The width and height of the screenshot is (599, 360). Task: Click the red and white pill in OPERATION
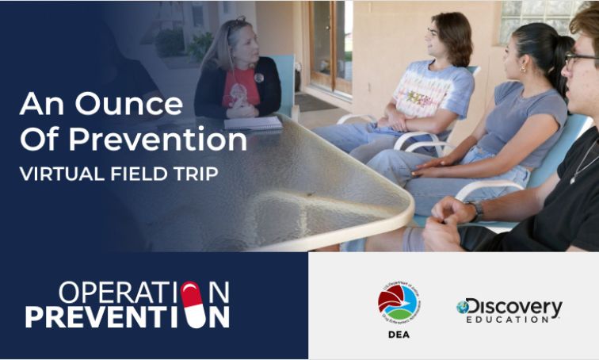pyautogui.click(x=191, y=293)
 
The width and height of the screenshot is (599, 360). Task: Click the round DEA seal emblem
pyautogui.click(x=399, y=304)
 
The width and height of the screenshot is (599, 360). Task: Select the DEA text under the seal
pyautogui.click(x=399, y=335)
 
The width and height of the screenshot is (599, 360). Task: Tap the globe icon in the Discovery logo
pyautogui.click(x=464, y=307)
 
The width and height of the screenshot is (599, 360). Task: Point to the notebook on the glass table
pyautogui.click(x=253, y=124)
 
